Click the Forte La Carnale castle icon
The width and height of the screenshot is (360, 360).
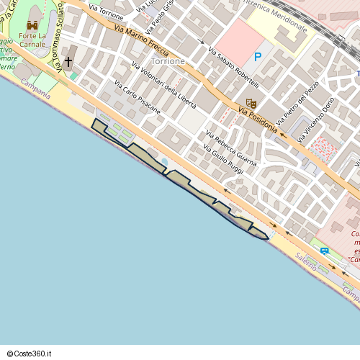(x=32, y=25)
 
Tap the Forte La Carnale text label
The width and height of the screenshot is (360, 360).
(x=32, y=40)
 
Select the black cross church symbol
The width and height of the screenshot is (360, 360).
(x=69, y=62)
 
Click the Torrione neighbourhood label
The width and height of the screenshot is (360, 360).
(x=167, y=61)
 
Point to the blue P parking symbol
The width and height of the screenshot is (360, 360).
(x=257, y=58)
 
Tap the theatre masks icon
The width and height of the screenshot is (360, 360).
(x=251, y=103)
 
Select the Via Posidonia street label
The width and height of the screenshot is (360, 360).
(x=257, y=115)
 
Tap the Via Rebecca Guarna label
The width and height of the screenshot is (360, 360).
(x=230, y=148)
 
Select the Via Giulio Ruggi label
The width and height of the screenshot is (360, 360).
(x=223, y=159)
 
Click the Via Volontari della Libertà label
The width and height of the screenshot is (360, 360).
(x=163, y=85)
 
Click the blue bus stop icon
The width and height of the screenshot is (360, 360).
(x=325, y=251)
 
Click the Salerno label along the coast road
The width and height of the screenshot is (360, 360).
(x=305, y=263)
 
